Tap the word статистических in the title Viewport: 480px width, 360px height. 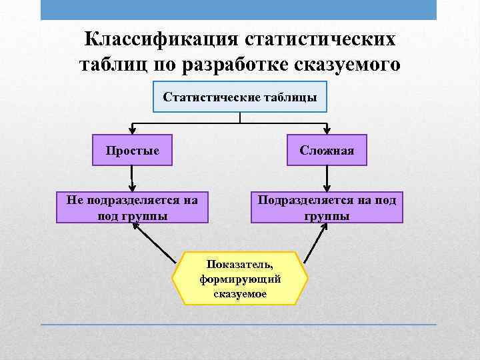point(319,38)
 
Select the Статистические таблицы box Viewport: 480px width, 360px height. point(240,97)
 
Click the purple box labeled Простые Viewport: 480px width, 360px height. point(133,150)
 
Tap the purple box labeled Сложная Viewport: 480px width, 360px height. point(327,150)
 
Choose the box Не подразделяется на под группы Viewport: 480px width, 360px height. point(133,207)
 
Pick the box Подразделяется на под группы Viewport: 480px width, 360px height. point(327,207)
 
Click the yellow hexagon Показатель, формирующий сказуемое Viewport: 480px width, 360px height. point(240,278)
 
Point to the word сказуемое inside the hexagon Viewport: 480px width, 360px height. point(240,294)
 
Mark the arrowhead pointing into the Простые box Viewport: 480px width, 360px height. point(133,131)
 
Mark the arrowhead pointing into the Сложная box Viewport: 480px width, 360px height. point(327,131)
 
